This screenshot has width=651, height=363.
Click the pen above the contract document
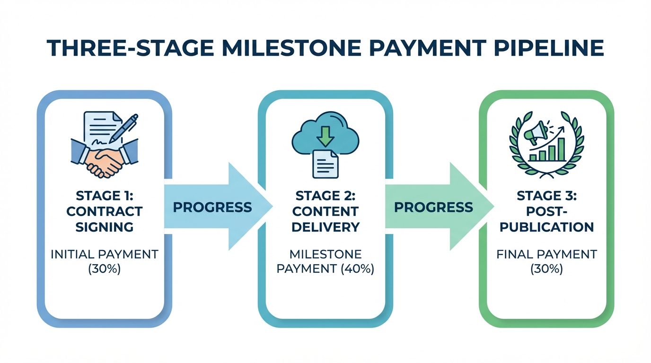click(x=123, y=128)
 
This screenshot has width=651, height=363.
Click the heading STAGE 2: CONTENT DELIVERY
click(x=325, y=211)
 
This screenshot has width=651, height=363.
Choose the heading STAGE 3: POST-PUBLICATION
click(x=546, y=211)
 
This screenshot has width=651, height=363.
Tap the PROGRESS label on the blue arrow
click(x=212, y=207)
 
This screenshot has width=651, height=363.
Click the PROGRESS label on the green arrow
click(x=433, y=207)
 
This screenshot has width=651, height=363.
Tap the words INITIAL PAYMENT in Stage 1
click(x=104, y=254)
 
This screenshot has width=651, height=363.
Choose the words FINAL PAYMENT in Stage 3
click(x=546, y=254)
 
